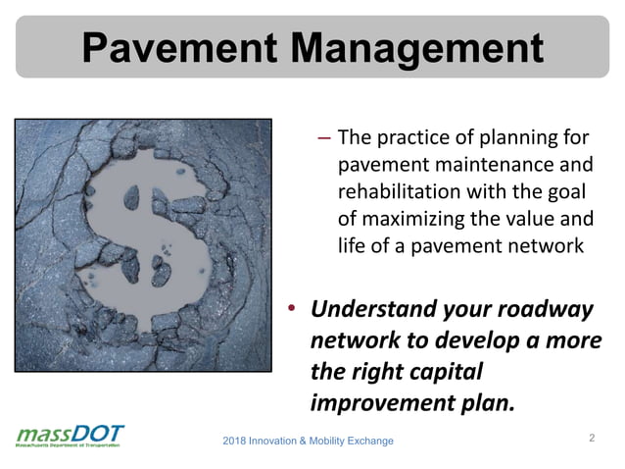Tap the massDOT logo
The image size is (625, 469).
(x=70, y=436)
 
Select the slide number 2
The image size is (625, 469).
(x=592, y=437)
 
